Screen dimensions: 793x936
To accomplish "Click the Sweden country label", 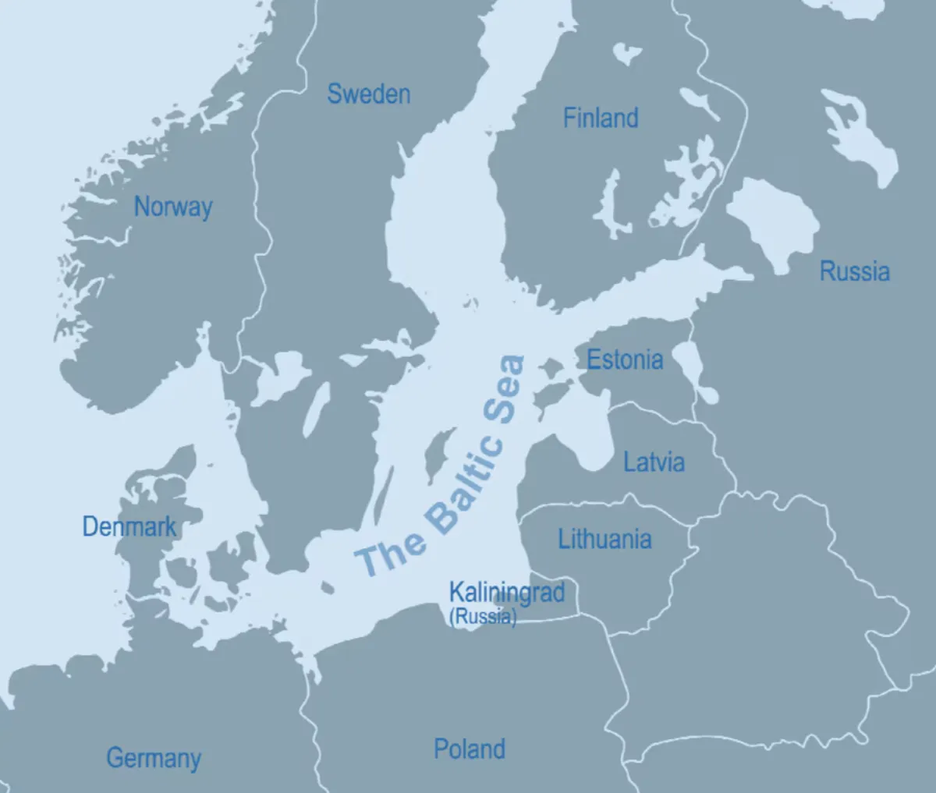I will coord(368,94).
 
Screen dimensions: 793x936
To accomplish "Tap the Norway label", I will coord(172,207).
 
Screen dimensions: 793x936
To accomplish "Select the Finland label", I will coord(601,119).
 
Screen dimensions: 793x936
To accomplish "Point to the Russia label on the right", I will coord(854,271).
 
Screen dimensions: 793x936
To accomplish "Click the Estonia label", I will coord(625,360).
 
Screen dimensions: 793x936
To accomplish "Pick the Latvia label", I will coord(654,462).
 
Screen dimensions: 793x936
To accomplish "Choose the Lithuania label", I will coord(604,539).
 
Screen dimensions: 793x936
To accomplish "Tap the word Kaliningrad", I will coord(506,592).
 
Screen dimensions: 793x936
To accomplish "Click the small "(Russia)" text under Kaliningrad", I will coord(483,617).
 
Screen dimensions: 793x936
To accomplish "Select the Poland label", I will coord(470,749).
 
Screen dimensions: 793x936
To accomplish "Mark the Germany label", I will coord(154,758).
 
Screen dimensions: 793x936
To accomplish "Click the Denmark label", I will coord(129,527).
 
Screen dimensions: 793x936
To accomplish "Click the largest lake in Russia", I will coord(772,222).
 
